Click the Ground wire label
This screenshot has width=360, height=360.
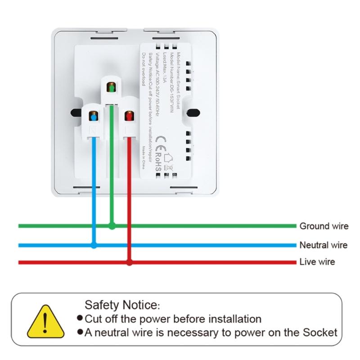pyautogui.click(x=324, y=226)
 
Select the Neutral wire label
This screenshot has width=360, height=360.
pyautogui.click(x=323, y=245)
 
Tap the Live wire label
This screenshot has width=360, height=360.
pyautogui.click(x=317, y=262)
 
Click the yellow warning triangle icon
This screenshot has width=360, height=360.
pyautogui.click(x=44, y=322)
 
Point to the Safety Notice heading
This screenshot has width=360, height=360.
pyautogui.click(x=122, y=305)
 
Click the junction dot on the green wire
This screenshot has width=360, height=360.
pyautogui.click(x=112, y=226)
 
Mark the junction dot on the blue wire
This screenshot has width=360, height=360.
pyautogui.click(x=94, y=245)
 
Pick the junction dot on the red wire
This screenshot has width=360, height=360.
pyautogui.click(x=129, y=262)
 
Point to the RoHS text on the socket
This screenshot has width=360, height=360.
pyautogui.click(x=158, y=165)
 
